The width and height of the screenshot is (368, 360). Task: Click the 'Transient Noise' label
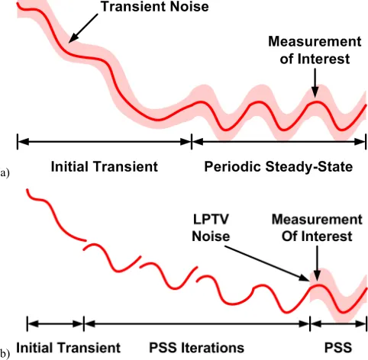155,6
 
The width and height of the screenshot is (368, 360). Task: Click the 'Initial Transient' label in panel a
105,167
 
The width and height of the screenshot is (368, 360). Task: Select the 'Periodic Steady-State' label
279,167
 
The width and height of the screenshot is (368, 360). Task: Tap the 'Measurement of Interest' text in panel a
315,50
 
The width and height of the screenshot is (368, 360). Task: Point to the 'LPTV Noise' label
211,228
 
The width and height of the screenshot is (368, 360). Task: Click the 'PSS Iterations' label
196,348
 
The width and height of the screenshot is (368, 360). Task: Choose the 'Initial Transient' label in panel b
68,348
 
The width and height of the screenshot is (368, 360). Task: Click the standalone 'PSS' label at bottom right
338,348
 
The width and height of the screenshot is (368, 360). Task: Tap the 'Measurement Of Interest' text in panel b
317,228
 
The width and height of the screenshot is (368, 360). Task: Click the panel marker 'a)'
5,173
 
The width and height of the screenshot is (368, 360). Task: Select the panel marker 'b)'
5,354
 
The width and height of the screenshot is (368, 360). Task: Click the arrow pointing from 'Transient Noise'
83,28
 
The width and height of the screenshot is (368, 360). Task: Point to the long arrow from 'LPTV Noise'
267,263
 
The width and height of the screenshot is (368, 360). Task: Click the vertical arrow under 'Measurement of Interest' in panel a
315,83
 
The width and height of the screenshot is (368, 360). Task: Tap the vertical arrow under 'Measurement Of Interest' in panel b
317,263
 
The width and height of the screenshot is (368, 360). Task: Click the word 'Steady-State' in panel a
309,167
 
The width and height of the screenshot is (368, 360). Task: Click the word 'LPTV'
211,220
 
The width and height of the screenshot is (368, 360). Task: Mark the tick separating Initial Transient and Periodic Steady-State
192,142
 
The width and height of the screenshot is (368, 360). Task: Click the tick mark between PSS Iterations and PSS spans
310,323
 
